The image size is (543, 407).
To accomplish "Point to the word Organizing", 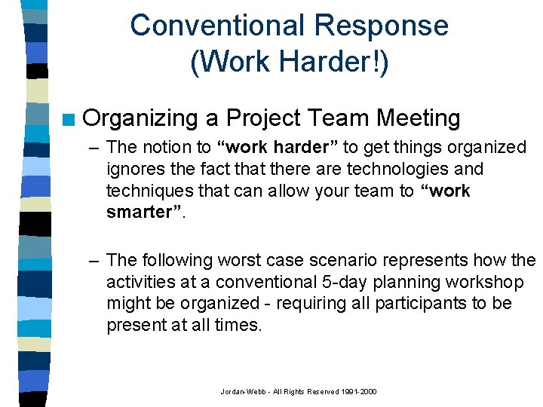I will click(x=140, y=118).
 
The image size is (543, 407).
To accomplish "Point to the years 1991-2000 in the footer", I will click(x=360, y=392).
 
